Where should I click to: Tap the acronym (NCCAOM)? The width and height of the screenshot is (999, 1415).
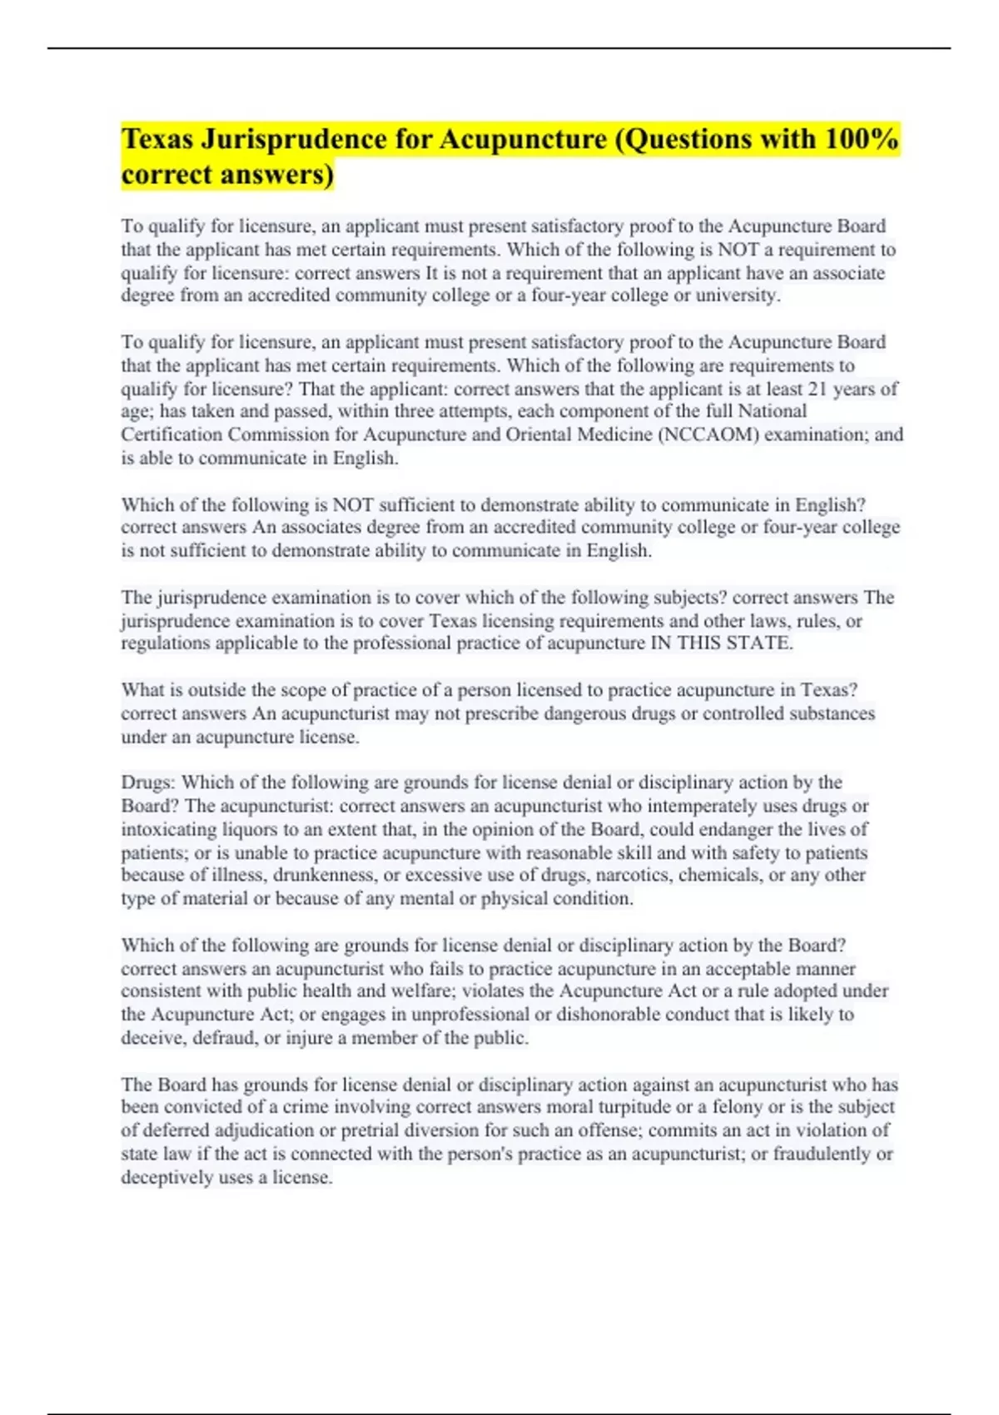pos(708,434)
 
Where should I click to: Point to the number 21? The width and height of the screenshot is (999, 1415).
pos(820,389)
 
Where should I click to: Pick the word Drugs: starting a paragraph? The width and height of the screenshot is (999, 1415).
pos(148,782)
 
